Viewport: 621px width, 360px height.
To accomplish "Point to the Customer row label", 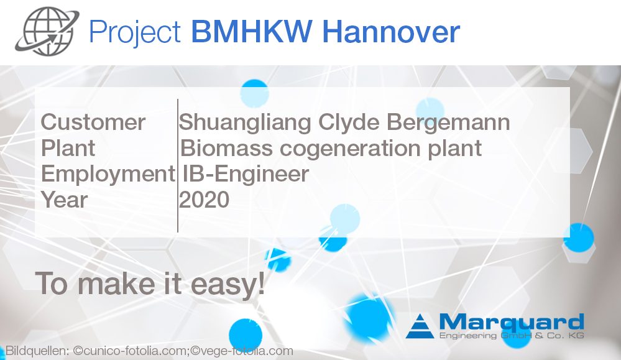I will (x=93, y=122).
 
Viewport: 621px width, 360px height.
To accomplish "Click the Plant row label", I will (x=68, y=149).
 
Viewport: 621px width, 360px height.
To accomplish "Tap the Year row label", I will (x=64, y=201).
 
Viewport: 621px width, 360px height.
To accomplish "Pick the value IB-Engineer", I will (x=246, y=175).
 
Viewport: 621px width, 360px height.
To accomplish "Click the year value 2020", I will (x=205, y=200).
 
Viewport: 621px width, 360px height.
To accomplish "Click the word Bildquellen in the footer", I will (x=35, y=351).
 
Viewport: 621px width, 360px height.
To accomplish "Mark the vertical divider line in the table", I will (x=178, y=165).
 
